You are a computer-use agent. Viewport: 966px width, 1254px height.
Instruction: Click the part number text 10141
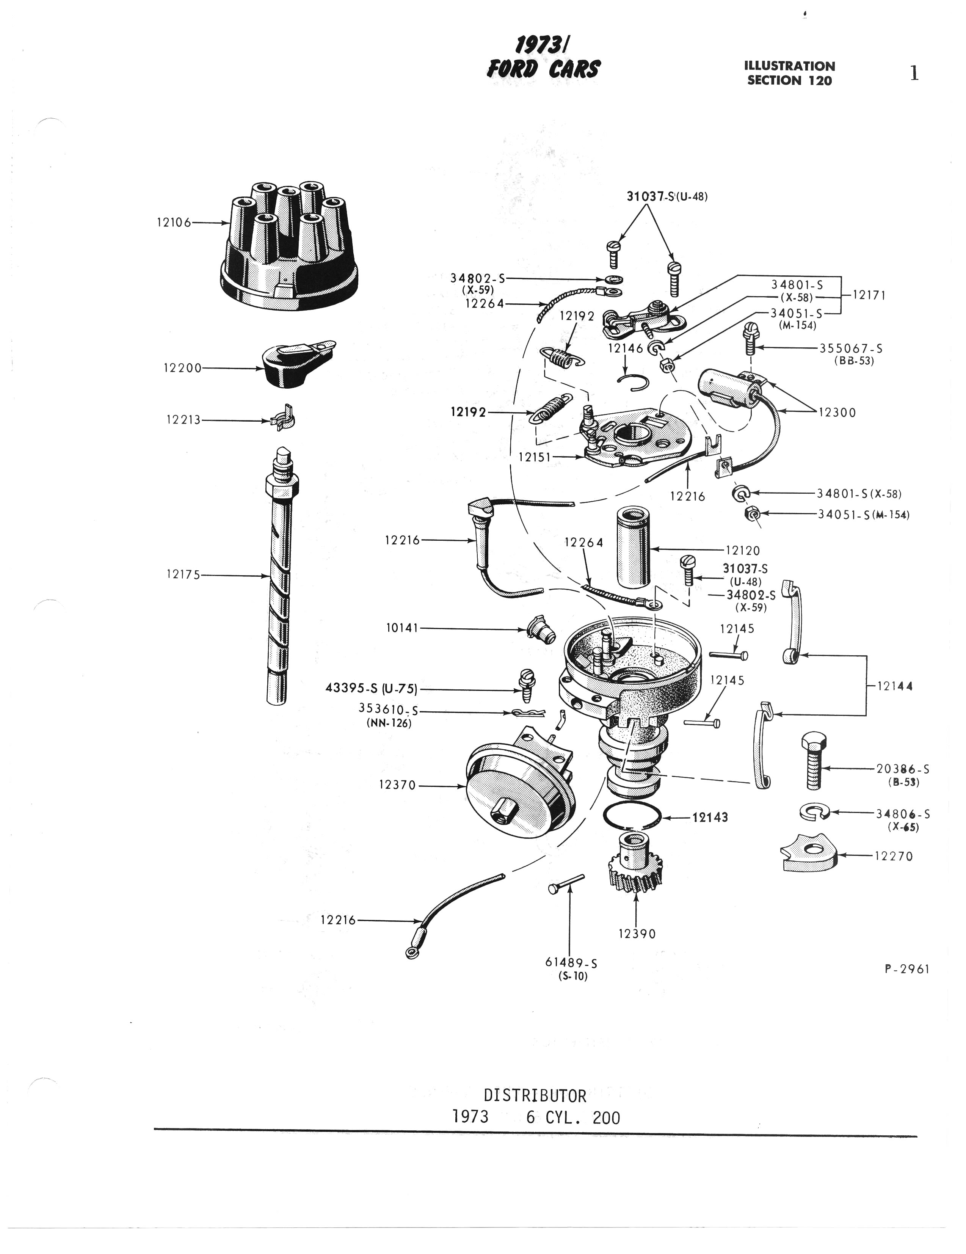click(x=402, y=629)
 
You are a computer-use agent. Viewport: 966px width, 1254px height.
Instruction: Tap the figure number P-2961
click(x=906, y=969)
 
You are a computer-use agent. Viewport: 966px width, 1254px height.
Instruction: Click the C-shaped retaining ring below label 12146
click(x=636, y=382)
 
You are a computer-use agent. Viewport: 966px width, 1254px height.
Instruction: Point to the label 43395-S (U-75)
click(x=371, y=689)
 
